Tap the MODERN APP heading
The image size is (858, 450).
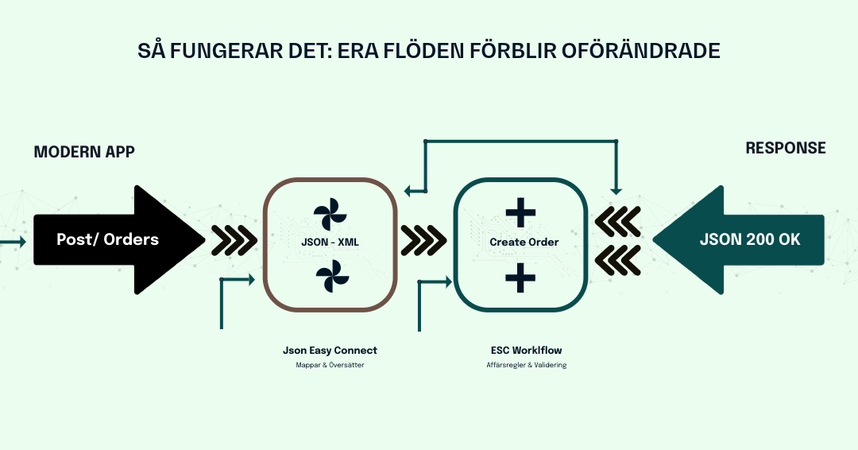84,151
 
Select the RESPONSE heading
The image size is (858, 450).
785,148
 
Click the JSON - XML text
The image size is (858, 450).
330,242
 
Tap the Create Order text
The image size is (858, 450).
524,242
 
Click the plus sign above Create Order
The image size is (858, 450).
520,211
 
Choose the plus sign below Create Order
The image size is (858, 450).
520,277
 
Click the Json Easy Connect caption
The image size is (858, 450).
330,350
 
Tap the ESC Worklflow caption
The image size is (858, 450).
526,350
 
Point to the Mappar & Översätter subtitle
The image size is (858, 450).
329,365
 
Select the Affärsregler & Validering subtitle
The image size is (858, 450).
526,365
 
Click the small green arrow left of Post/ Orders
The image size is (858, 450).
13,239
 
